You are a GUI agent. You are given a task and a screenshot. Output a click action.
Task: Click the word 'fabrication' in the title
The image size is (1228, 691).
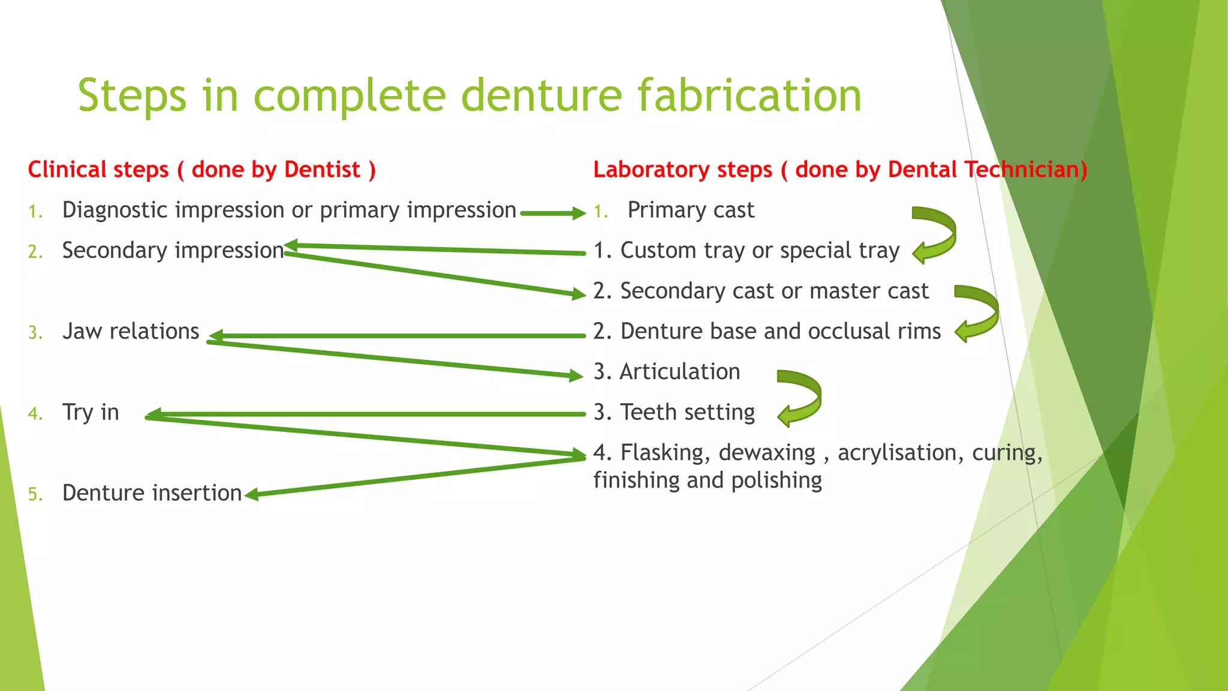(749, 96)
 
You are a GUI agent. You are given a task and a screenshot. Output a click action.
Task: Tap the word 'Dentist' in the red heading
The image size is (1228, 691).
(322, 170)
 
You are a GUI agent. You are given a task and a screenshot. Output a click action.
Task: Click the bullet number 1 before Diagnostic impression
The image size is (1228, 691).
(35, 212)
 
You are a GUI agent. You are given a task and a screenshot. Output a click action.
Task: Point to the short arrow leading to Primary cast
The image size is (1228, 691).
(552, 213)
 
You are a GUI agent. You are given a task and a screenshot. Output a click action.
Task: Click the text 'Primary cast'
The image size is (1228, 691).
(691, 211)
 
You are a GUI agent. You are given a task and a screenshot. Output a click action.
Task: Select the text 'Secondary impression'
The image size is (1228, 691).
(173, 251)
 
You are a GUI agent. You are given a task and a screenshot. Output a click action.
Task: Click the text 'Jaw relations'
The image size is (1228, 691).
(131, 332)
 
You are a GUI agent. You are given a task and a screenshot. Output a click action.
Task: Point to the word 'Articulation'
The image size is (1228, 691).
(680, 372)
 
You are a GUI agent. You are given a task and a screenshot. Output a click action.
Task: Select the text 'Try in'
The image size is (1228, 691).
(91, 413)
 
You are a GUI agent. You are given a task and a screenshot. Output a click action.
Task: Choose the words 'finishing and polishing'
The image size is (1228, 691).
(708, 480)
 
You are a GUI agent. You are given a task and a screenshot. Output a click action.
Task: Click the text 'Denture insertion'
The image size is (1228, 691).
(152, 493)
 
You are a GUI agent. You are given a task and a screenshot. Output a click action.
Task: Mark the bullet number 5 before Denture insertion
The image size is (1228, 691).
(35, 495)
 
